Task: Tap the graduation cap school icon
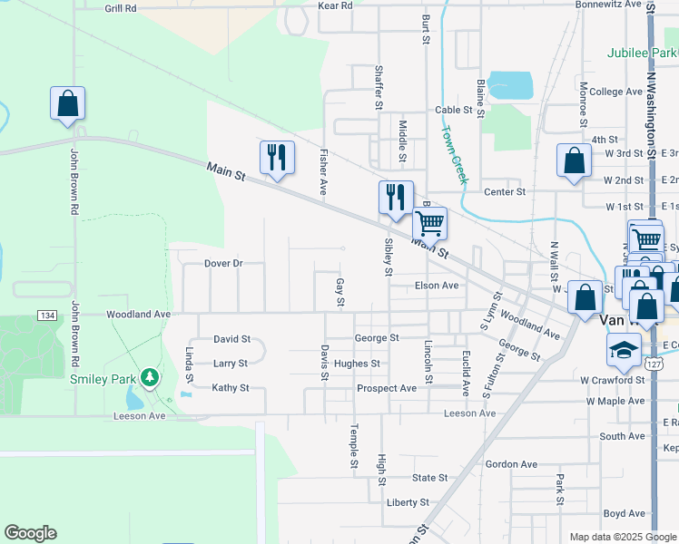pos(625,349)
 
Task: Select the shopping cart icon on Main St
pos(429,221)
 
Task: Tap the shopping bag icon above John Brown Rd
pos(68,102)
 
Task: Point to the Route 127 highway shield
pos(653,364)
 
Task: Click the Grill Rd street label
pos(120,7)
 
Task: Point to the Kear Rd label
pos(335,5)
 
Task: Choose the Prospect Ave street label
pos(387,388)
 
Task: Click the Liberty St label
pos(408,502)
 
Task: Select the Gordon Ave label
pos(512,464)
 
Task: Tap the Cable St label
pos(454,110)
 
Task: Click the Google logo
pos(30,533)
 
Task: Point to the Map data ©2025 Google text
pos(622,537)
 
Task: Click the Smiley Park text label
pos(103,379)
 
